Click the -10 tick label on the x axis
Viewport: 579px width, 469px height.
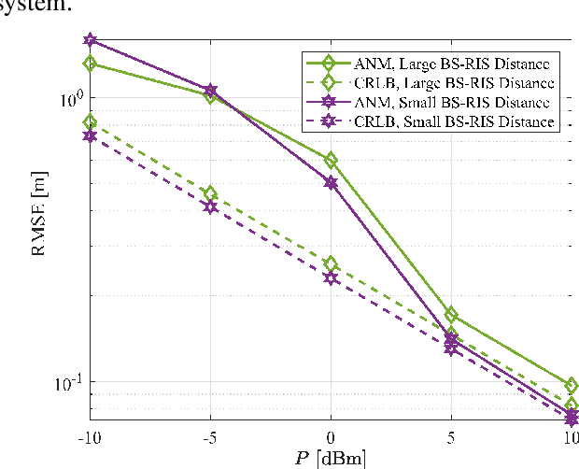[x=90, y=437]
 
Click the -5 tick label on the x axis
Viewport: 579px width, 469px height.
[x=210, y=437]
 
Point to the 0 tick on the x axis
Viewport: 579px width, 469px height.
[x=331, y=437]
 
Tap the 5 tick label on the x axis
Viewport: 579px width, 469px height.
[x=451, y=437]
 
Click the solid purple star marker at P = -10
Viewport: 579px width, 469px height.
[x=90, y=41]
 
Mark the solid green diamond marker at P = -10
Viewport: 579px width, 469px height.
[x=90, y=64]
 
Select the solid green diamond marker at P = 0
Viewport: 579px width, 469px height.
[x=331, y=161]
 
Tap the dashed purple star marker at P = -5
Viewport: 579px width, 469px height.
[x=210, y=206]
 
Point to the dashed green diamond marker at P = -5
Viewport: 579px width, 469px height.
[x=210, y=193]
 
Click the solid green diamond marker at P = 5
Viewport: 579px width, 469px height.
[x=451, y=315]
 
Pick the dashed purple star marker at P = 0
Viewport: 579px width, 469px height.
[x=331, y=277]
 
